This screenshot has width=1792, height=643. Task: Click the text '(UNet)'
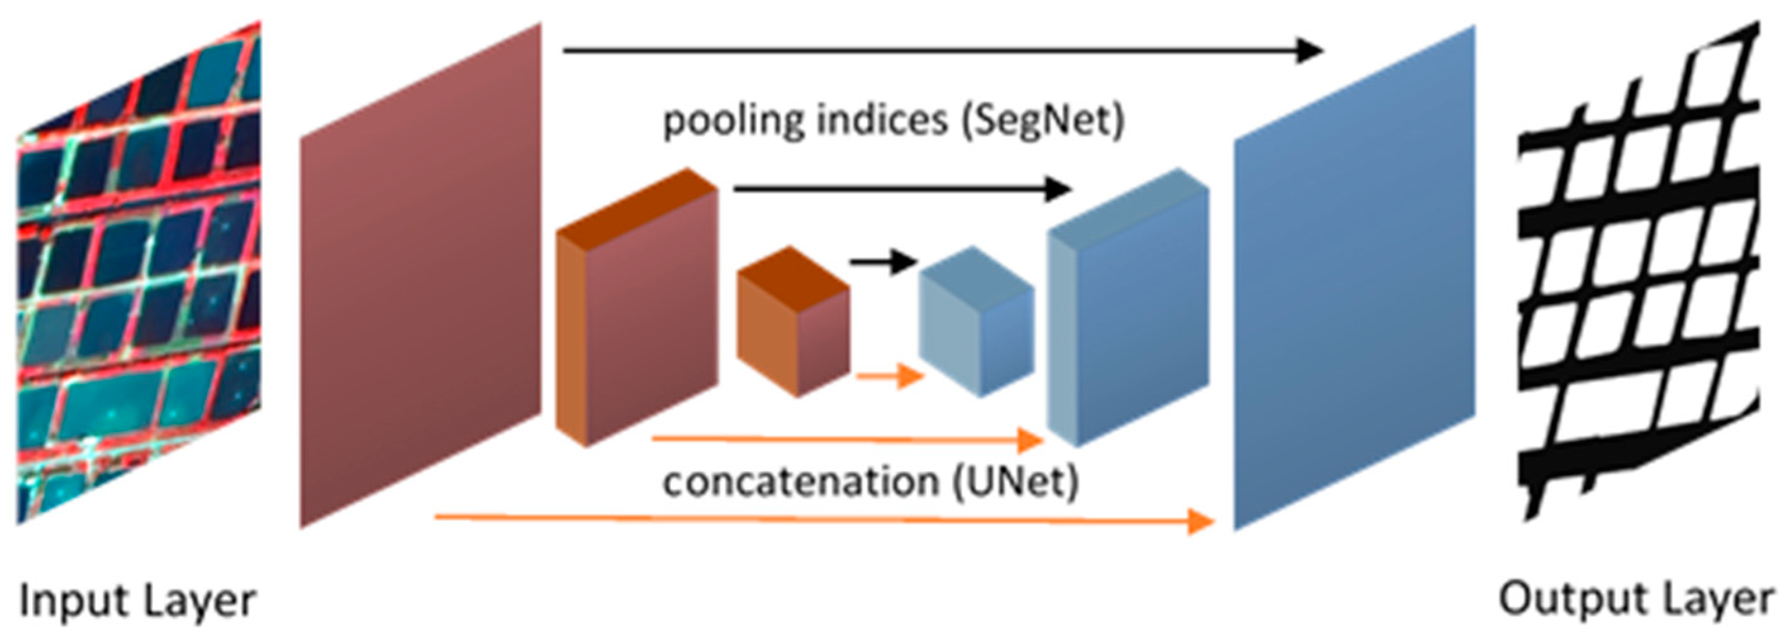(1015, 482)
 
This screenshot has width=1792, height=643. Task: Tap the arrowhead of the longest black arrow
(1308, 50)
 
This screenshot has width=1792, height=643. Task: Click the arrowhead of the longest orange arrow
(1201, 521)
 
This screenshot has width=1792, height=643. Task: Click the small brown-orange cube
(793, 324)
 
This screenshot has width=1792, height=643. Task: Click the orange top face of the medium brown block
(636, 205)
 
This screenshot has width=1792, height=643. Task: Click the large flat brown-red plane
(421, 278)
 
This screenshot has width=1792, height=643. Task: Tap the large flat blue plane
(1353, 278)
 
